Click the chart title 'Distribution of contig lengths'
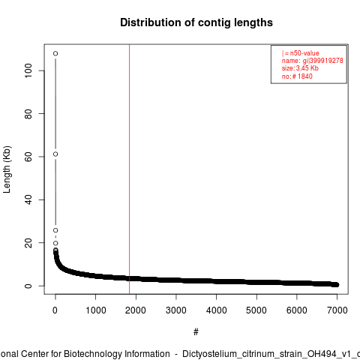tap(196, 22)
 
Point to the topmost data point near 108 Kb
tap(55, 53)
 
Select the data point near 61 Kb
tap(55, 154)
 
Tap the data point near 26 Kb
tap(55, 230)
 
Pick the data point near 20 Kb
tap(55, 243)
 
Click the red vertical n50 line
tap(129, 169)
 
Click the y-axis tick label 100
tap(28, 70)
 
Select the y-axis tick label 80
tap(28, 113)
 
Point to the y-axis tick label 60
tap(28, 157)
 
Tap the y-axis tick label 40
tap(28, 199)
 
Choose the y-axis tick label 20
tap(28, 242)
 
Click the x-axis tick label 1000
tap(96, 310)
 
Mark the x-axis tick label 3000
tap(176, 310)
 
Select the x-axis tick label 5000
tap(256, 310)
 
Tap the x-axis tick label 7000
tap(337, 310)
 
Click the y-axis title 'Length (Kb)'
tap(7, 169)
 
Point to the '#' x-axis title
tap(196, 332)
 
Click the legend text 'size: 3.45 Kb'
tap(300, 68)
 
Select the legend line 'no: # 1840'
tap(297, 76)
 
